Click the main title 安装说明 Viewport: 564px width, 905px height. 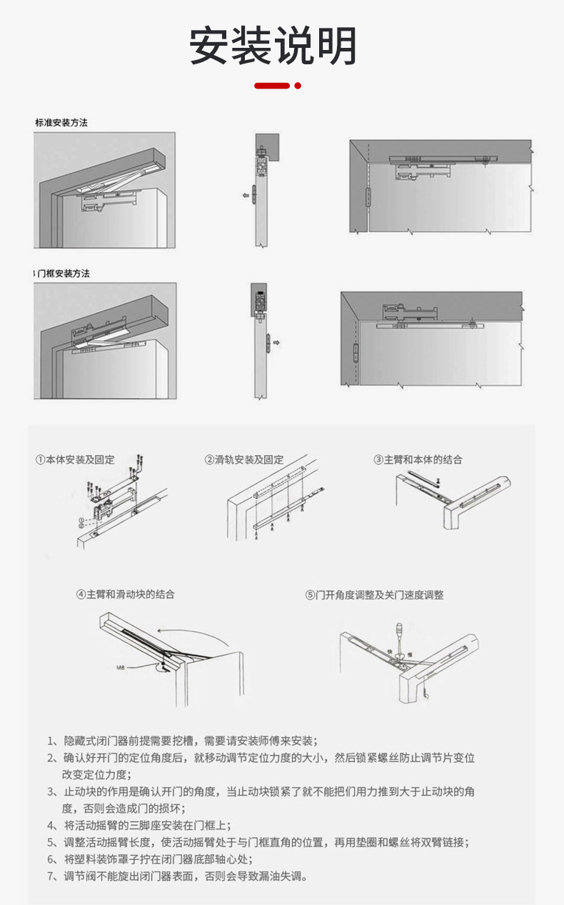click(273, 47)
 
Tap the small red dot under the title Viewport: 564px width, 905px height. click(298, 86)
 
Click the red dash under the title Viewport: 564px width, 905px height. click(272, 86)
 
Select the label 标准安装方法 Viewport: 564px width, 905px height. click(61, 123)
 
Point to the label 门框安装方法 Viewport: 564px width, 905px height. click(64, 274)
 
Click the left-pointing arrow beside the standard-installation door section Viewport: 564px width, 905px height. click(245, 194)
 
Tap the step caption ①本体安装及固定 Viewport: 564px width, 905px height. click(75, 459)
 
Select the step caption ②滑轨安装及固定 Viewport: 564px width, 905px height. click(244, 459)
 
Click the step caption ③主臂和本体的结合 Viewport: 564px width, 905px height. click(418, 459)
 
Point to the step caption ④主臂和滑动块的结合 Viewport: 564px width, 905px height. click(125, 594)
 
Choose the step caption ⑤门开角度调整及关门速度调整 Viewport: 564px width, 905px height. click(374, 594)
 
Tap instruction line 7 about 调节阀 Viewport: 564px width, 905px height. click(178, 876)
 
